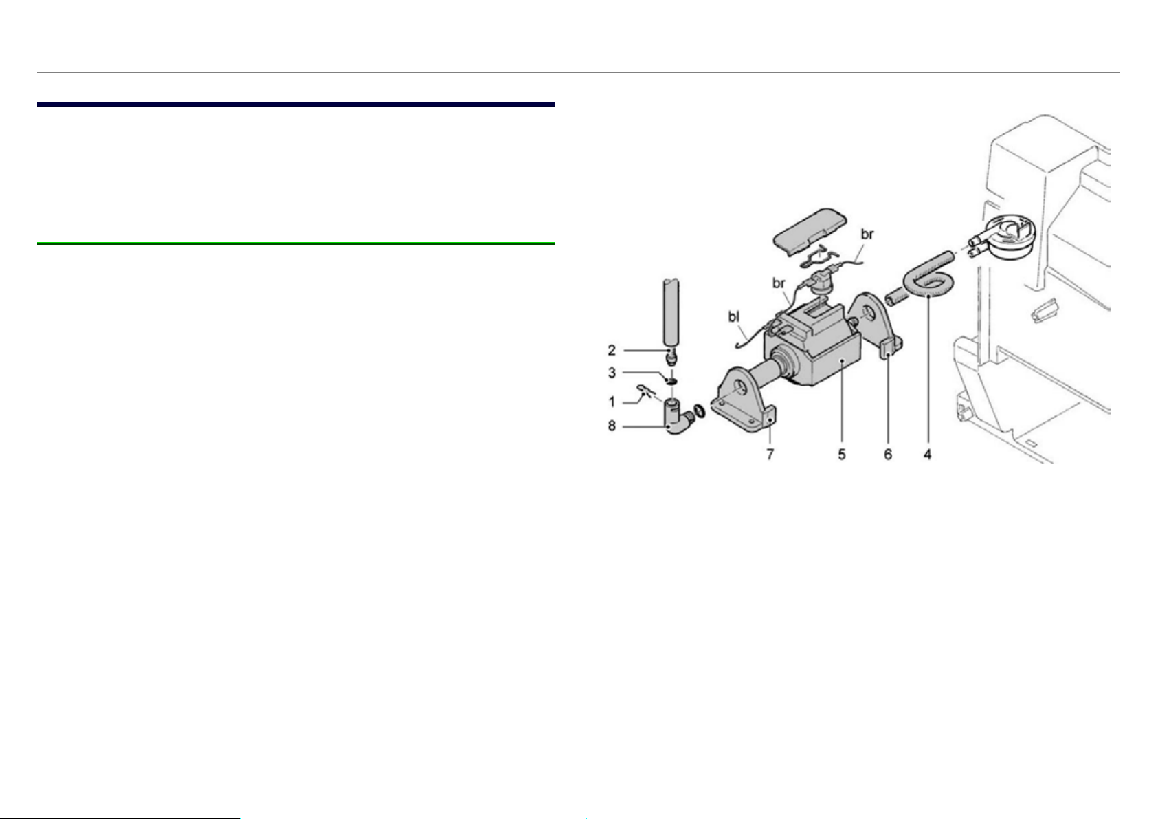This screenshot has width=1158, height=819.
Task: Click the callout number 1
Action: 612,402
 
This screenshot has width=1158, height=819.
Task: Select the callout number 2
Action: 612,350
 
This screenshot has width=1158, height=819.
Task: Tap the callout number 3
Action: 612,373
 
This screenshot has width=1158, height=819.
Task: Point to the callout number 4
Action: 928,455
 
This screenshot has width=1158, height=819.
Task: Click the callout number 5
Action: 842,455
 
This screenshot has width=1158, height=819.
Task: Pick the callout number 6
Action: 888,455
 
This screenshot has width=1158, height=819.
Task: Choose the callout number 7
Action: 770,455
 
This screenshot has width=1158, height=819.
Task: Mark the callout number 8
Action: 612,426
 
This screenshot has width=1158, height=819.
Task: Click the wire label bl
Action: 734,316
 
